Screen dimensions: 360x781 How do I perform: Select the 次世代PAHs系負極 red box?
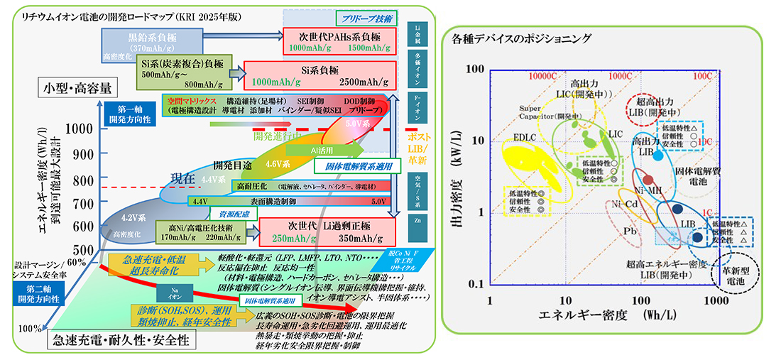tap(337, 41)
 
